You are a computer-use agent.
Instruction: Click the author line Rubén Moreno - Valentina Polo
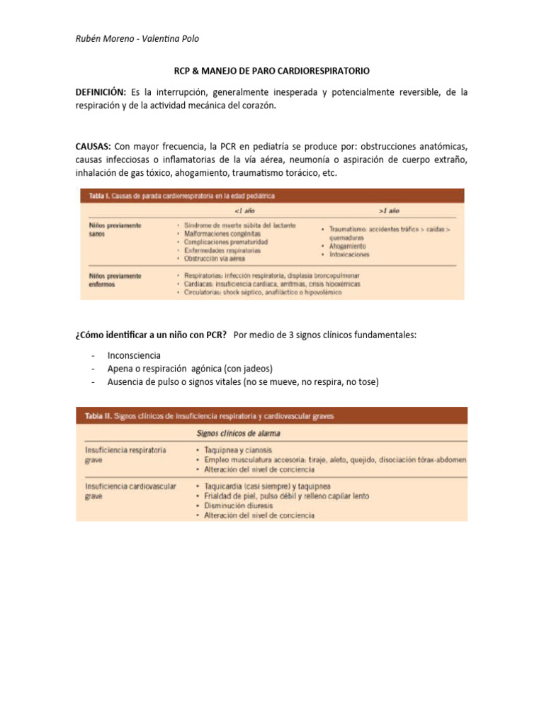click(x=132, y=38)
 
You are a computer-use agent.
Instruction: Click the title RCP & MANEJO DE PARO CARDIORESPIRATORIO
click(x=272, y=72)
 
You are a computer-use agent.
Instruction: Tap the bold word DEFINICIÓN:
click(x=101, y=93)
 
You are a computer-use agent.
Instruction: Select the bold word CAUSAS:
click(x=93, y=146)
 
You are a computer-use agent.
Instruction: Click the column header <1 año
click(x=244, y=211)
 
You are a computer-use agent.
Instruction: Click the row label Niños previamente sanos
click(x=115, y=228)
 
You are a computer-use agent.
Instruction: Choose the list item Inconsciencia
click(x=134, y=355)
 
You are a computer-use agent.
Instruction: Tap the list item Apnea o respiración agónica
click(x=190, y=369)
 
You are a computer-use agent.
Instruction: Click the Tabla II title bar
click(x=271, y=415)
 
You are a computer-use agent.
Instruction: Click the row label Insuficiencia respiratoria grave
click(x=126, y=454)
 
